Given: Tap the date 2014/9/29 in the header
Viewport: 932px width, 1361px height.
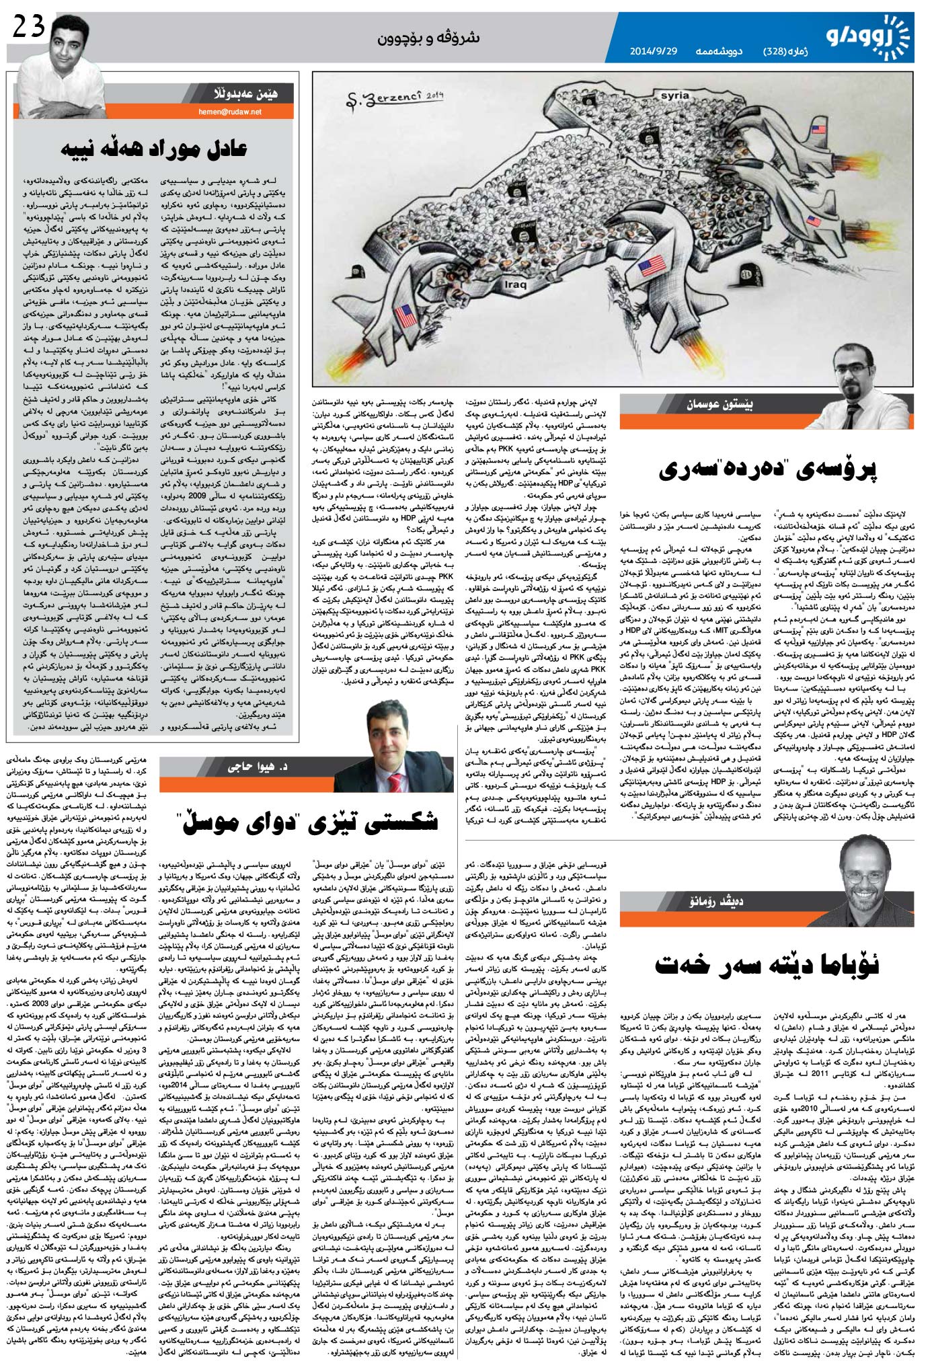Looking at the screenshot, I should [653, 51].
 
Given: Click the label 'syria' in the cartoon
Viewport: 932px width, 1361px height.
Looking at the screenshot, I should [674, 95].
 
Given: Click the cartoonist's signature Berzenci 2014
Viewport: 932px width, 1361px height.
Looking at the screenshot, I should [390, 99].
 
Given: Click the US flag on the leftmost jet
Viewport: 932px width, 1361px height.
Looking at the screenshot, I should [406, 315].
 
